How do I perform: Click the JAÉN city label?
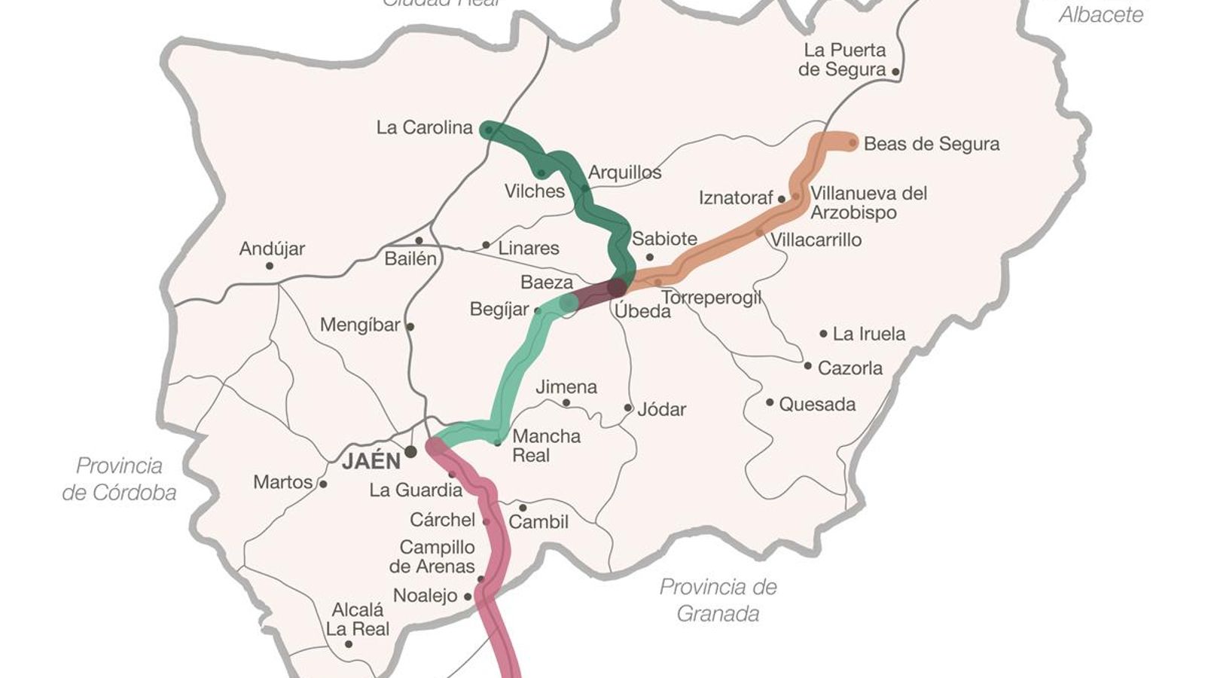[371, 461]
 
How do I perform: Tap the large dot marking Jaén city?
[410, 452]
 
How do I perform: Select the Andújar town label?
[272, 249]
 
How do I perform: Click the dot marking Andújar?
[270, 266]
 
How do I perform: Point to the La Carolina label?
[424, 128]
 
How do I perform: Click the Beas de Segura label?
[932, 144]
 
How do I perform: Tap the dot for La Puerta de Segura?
[895, 72]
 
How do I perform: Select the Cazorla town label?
[850, 368]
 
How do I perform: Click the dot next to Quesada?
[770, 402]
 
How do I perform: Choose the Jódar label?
[661, 410]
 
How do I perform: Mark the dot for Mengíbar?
[410, 327]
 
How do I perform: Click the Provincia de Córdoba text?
[119, 479]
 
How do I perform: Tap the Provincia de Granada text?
[718, 600]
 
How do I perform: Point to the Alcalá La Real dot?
[348, 644]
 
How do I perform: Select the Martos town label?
[282, 482]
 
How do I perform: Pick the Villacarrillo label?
[816, 240]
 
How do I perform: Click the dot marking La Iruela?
[823, 334]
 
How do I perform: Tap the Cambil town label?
[538, 522]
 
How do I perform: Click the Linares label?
[529, 249]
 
